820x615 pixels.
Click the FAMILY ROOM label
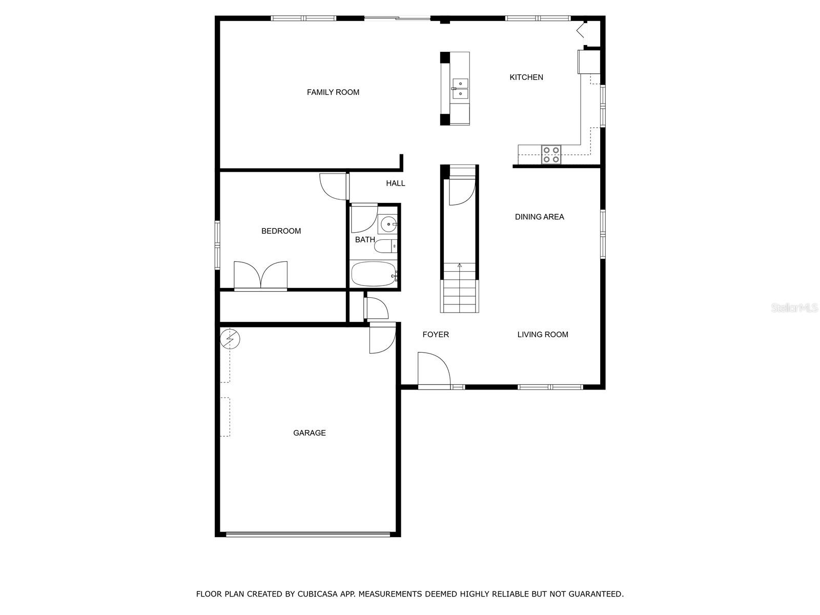tap(333, 92)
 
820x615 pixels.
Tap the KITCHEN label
tap(526, 77)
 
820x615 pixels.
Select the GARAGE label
tap(310, 433)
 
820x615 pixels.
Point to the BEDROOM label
tap(281, 231)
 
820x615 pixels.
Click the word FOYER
tap(436, 335)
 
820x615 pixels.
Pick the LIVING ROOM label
tap(543, 335)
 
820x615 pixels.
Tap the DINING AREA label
tap(540, 217)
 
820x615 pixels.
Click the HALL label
tap(396, 183)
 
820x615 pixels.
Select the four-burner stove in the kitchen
tap(551, 155)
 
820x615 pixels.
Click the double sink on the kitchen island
tap(460, 88)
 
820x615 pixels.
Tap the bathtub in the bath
tap(374, 274)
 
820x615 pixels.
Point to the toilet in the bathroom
tap(386, 247)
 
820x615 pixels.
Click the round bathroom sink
tap(388, 224)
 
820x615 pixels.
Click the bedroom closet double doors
tap(260, 276)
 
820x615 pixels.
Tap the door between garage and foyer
tap(382, 339)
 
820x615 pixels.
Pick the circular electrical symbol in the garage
tap(230, 339)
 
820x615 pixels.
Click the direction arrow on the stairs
tap(460, 265)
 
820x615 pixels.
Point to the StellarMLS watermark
tap(794, 308)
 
